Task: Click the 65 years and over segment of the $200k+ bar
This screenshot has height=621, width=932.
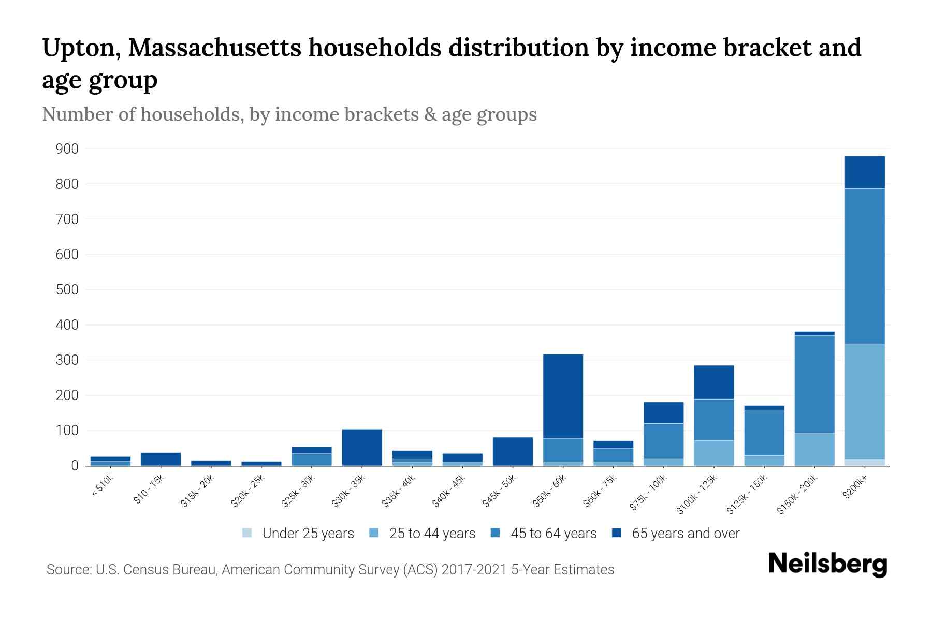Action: point(865,172)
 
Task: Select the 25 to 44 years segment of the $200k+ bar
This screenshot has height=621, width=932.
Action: point(865,401)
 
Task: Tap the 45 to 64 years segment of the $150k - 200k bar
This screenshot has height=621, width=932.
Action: point(814,384)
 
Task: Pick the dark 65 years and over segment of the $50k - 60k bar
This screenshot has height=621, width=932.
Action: point(563,396)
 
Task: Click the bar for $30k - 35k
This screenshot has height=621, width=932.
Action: point(362,447)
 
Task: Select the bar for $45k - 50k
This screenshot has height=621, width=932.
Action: point(513,451)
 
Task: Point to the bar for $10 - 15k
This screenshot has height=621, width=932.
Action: point(161,459)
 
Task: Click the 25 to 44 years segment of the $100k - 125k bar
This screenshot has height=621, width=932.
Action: point(714,453)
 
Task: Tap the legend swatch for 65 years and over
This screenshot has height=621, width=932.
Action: point(616,533)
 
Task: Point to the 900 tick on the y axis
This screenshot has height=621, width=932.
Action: point(67,149)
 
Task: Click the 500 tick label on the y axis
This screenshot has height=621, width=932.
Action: point(67,290)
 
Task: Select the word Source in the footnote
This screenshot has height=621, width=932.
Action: point(68,570)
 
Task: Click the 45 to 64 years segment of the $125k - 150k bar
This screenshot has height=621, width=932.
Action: point(764,432)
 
